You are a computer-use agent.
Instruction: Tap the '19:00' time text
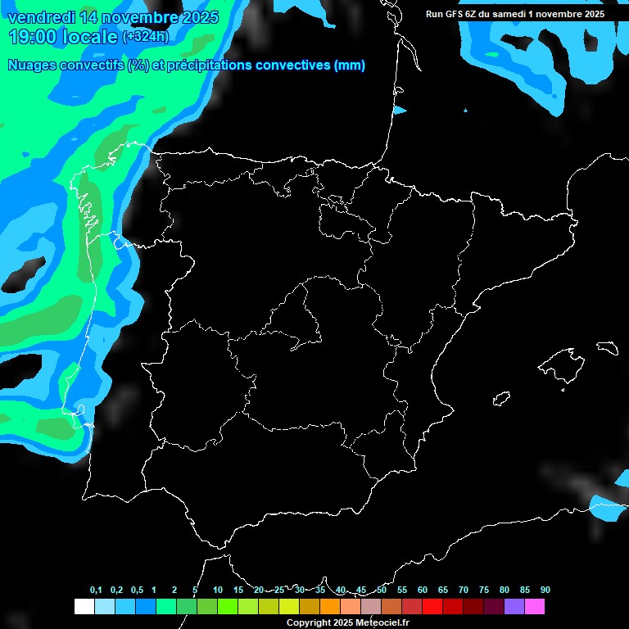(34, 36)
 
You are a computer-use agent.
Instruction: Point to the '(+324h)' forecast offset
(146, 36)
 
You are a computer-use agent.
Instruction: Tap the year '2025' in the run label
(590, 14)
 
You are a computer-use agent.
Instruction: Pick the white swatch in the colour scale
(84, 607)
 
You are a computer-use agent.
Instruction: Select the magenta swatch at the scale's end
(535, 607)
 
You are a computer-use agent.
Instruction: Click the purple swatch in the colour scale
(514, 607)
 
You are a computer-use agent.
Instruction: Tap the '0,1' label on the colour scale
(96, 591)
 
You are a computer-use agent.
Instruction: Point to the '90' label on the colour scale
(545, 591)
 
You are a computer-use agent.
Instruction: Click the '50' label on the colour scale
(382, 591)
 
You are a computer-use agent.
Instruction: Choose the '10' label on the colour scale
(218, 591)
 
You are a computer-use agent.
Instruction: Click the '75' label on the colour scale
(484, 591)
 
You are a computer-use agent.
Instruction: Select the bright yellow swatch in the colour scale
(288, 607)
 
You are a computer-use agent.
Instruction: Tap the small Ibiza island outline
(502, 399)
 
